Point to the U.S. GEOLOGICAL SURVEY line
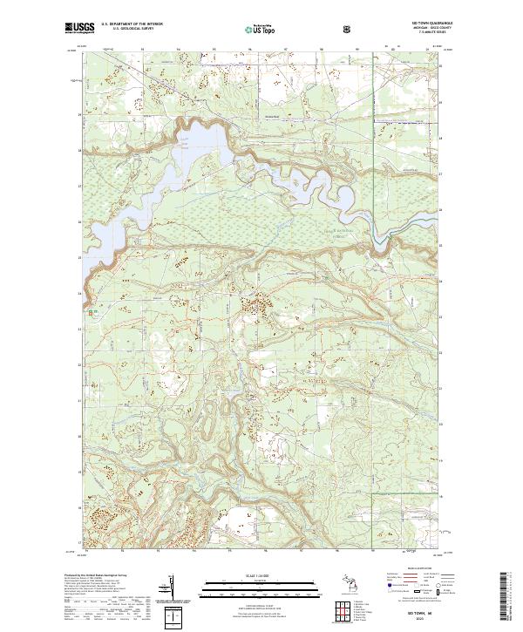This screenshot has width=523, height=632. pyautogui.click(x=126, y=31)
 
